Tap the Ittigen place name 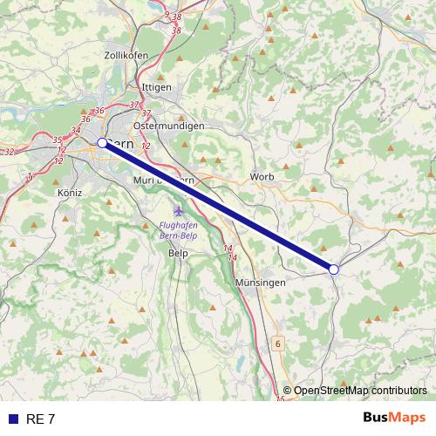click(156, 88)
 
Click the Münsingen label click(261, 283)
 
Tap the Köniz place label click(68, 192)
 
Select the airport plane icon click(180, 210)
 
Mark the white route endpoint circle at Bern click(102, 142)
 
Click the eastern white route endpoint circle click(334, 269)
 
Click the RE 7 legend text click(41, 419)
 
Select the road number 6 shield click(277, 344)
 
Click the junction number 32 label click(10, 152)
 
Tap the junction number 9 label click(167, 15)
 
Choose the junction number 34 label click(76, 130)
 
